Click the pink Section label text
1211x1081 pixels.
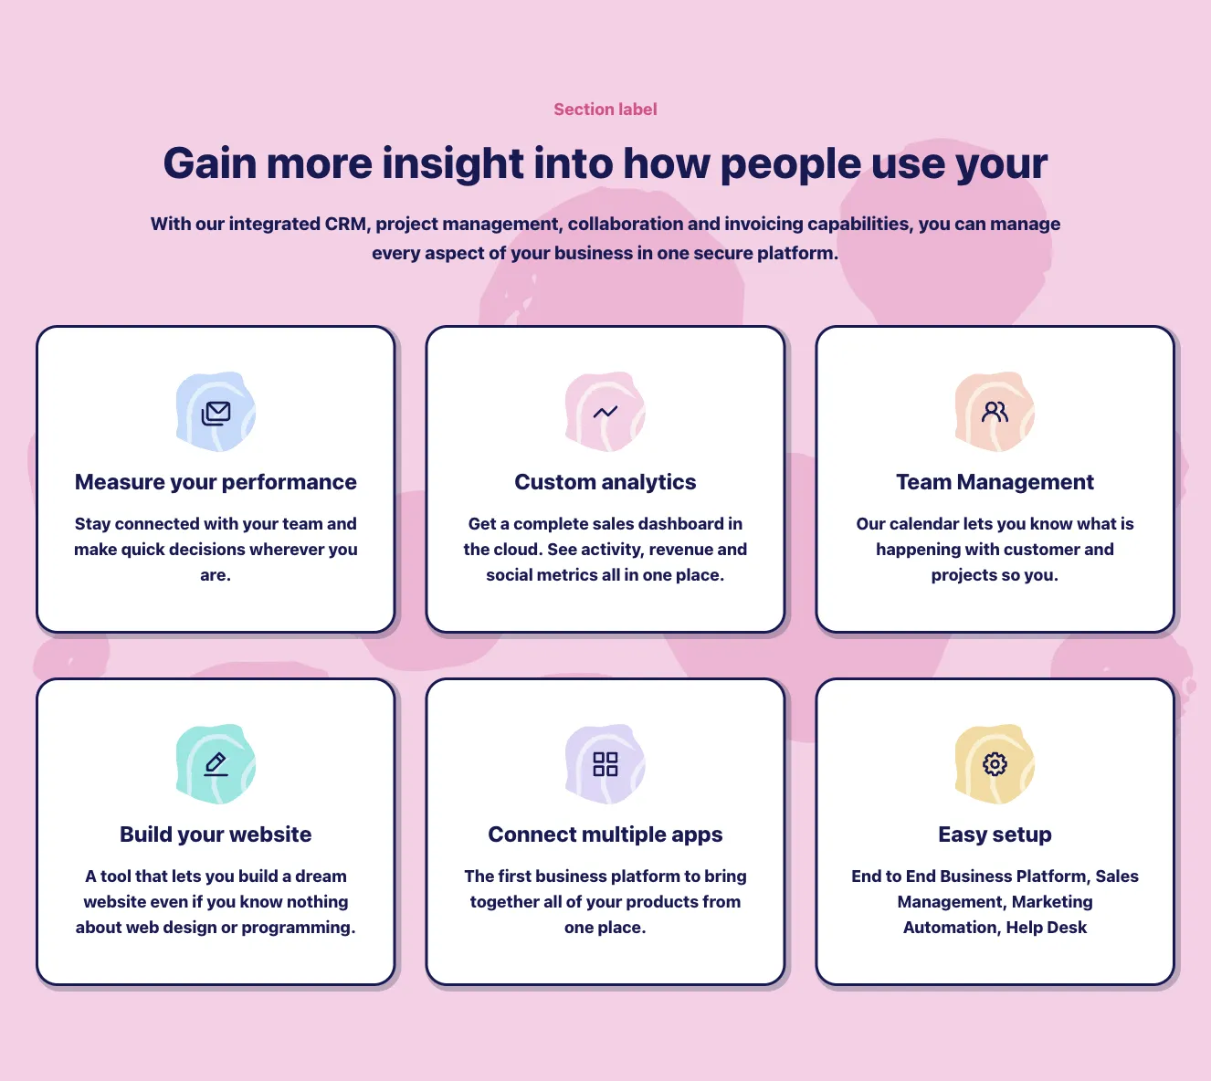click(605, 110)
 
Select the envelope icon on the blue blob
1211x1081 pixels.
click(216, 413)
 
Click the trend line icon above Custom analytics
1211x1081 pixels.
click(605, 412)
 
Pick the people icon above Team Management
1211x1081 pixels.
click(995, 412)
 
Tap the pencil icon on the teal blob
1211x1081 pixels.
click(216, 764)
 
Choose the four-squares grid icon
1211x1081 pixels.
click(605, 764)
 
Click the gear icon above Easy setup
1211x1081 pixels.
click(995, 763)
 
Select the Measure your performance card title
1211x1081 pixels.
click(216, 482)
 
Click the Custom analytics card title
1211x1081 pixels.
click(605, 482)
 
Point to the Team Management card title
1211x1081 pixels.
click(995, 482)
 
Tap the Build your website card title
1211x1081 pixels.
click(216, 834)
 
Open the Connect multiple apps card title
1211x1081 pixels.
click(605, 834)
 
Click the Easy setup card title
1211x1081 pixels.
click(995, 834)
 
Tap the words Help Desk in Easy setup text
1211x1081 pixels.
click(1046, 928)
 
